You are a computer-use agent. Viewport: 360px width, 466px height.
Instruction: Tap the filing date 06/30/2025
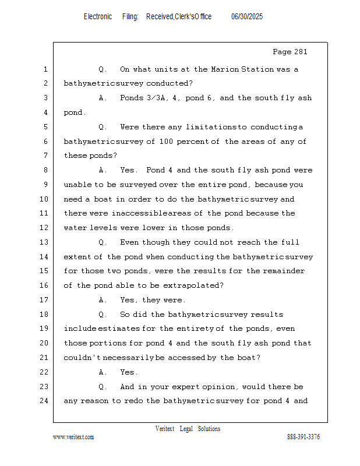tap(247, 17)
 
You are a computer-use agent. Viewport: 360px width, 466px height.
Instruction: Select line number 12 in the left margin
tap(45, 228)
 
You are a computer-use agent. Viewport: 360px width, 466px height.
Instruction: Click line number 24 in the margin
tap(45, 401)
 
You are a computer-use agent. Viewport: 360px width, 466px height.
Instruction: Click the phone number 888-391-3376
tap(303, 437)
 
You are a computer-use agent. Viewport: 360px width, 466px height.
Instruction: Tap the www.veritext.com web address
tap(73, 437)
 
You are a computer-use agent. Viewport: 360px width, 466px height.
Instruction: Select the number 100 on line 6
tap(168, 142)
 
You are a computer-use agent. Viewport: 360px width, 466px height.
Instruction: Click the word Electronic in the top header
tap(98, 17)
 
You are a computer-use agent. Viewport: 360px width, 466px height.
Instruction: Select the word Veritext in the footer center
tap(165, 429)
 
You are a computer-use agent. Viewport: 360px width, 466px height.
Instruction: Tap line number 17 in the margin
tap(45, 300)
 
